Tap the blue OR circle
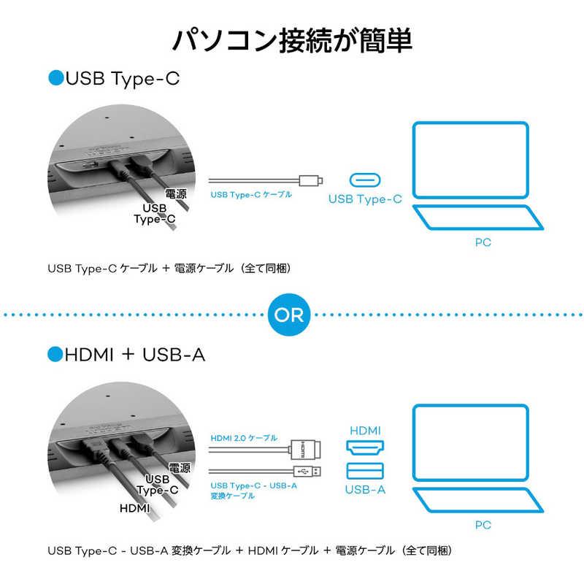tap(291, 315)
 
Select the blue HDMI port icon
tap(364, 447)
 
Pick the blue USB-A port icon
tap(364, 471)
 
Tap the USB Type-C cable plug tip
tap(315, 180)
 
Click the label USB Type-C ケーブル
tap(251, 195)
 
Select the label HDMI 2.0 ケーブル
tap(244, 438)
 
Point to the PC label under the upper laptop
tap(482, 242)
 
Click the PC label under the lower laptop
tap(482, 524)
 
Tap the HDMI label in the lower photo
tap(134, 508)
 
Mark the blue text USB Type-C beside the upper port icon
tap(364, 199)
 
